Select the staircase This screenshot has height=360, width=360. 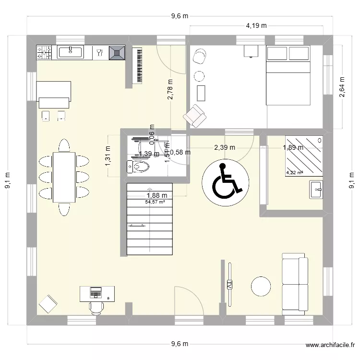click(x=149, y=221)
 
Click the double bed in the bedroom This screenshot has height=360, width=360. click(x=288, y=75)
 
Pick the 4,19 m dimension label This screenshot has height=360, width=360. click(x=256, y=26)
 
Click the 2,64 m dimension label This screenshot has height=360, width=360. click(x=342, y=87)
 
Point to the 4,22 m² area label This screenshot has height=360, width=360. click(x=294, y=173)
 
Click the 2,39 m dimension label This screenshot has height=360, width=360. click(x=224, y=148)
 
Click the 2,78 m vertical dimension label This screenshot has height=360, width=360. click(x=170, y=89)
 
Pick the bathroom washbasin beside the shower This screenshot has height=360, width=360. click(x=316, y=189)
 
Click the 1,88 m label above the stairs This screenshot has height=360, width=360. click(x=156, y=195)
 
